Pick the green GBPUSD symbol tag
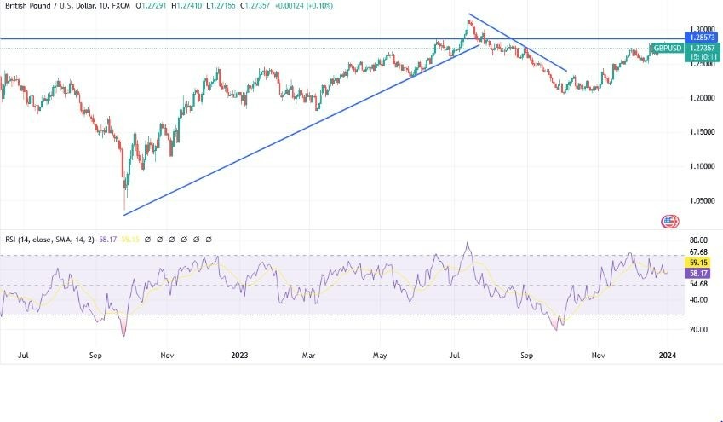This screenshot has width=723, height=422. point(667,49)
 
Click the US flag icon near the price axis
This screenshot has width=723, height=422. point(670,222)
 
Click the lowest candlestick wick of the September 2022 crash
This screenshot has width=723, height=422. point(124,207)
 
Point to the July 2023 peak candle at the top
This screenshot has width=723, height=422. point(468,21)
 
